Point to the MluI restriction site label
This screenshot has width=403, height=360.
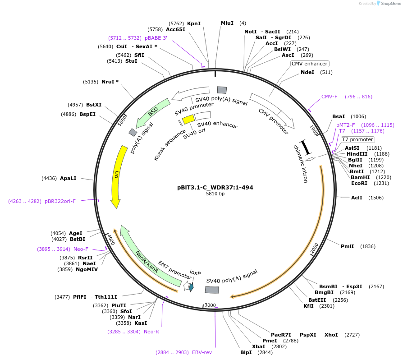(227, 23)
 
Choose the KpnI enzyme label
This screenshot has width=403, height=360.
(194, 23)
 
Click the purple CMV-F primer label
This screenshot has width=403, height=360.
(329, 97)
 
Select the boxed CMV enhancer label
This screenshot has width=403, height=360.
(309, 64)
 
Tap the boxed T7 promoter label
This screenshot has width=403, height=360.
(357, 139)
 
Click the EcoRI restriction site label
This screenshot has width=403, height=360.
(359, 183)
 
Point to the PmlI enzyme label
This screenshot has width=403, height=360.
(347, 246)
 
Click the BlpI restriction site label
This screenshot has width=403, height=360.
(246, 352)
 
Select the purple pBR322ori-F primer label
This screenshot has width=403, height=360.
(60, 201)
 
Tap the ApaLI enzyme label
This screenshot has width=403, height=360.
(68, 178)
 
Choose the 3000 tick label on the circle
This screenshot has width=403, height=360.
(211, 305)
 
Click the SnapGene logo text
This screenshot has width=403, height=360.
(391, 4)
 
